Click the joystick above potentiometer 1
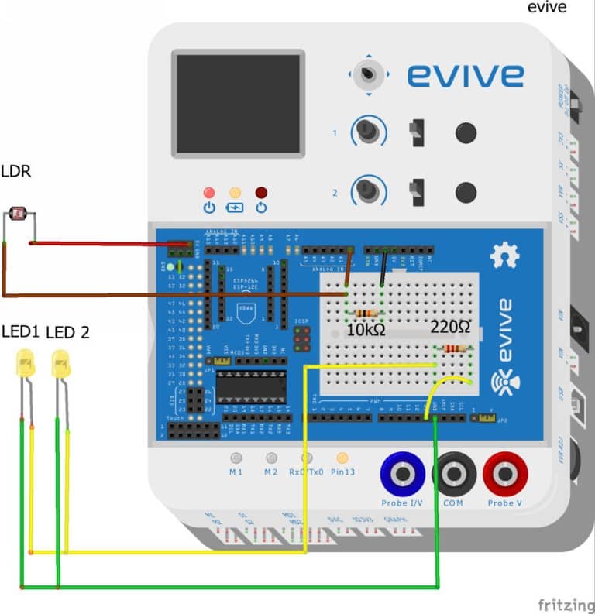(x=369, y=75)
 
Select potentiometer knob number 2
(x=369, y=190)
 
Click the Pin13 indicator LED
(x=342, y=458)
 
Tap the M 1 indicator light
(x=236, y=458)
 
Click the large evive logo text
(x=465, y=76)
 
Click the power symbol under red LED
(x=208, y=208)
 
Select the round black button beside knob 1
(x=465, y=132)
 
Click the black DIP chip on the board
(x=250, y=386)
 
